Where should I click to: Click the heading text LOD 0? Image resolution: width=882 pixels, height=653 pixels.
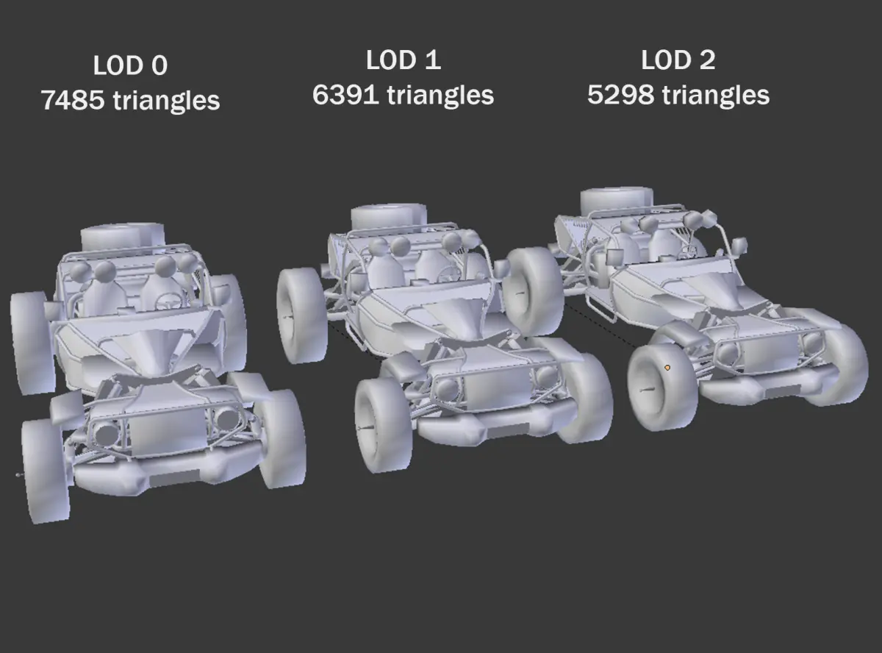pos(130,65)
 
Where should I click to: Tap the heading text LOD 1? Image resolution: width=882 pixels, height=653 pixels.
pos(404,60)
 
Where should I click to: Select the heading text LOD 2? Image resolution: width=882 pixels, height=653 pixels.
pos(678,60)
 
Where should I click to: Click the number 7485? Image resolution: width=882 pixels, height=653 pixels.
pos(73,100)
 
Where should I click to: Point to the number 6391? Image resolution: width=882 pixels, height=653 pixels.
pos(345,95)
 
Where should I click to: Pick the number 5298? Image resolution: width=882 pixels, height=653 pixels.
pos(620,95)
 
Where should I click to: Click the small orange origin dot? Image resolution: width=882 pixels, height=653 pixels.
pos(667,368)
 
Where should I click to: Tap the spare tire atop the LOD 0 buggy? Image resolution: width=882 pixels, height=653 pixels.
pos(123,237)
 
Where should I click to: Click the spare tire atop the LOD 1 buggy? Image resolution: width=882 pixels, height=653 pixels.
pos(389,217)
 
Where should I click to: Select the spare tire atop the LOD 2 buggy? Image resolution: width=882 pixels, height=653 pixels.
pos(617,200)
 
